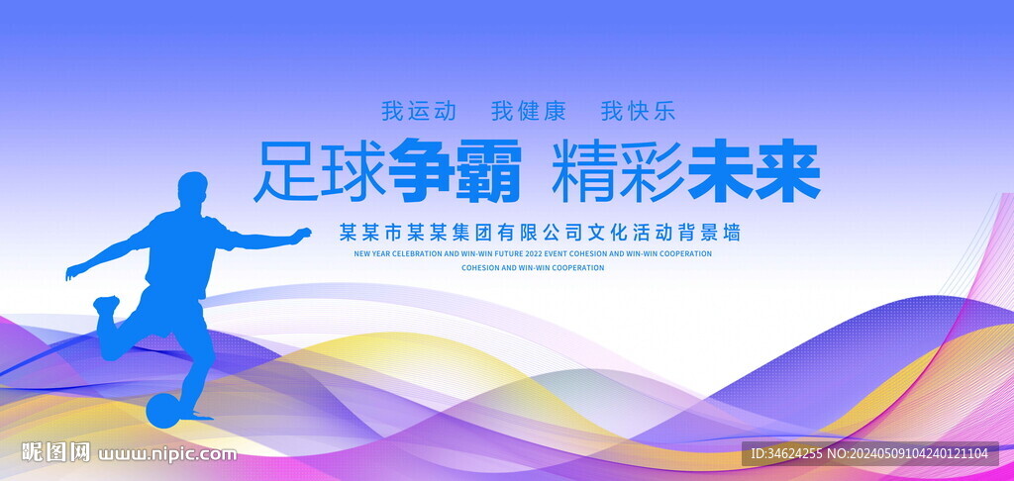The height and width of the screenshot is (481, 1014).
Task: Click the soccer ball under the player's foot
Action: [162, 411]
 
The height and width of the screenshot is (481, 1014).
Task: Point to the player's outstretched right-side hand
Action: [301, 235]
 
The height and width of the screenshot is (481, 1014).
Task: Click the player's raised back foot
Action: [106, 305]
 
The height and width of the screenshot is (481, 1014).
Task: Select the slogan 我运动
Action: [419, 111]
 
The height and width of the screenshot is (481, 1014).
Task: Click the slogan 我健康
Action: [529, 111]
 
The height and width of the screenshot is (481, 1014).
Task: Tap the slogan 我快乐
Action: [638, 111]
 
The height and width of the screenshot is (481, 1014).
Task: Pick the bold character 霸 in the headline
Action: [488, 171]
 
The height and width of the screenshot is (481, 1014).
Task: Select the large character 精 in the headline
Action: [584, 171]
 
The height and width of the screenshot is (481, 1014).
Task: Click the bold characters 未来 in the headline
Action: [754, 171]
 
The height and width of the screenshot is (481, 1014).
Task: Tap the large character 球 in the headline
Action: [355, 171]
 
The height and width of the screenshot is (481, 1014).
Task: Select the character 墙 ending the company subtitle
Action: [731, 233]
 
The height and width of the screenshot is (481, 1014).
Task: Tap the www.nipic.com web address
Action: [167, 454]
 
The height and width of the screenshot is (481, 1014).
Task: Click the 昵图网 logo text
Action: [56, 452]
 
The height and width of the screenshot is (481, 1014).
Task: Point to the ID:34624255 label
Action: [784, 454]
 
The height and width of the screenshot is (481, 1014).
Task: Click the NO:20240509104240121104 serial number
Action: [907, 454]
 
